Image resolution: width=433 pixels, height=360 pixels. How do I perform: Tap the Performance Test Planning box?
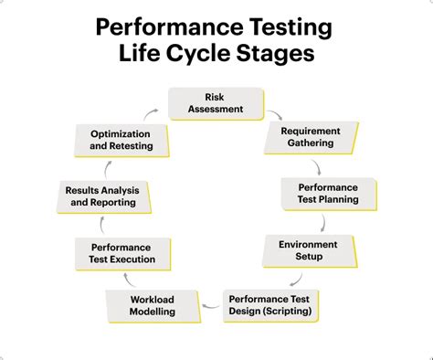click(x=327, y=193)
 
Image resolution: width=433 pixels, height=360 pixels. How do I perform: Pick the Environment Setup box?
click(x=308, y=249)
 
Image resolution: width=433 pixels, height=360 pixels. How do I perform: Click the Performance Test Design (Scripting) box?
click(x=269, y=304)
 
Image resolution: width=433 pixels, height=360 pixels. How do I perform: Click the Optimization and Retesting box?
click(x=121, y=140)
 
